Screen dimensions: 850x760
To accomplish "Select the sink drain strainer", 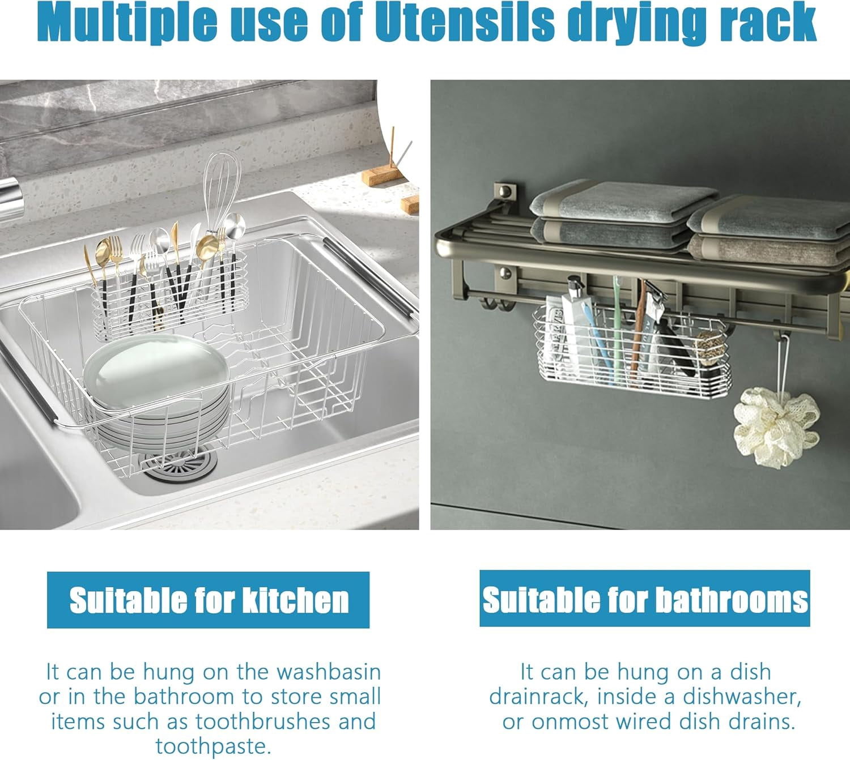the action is pyautogui.click(x=181, y=463).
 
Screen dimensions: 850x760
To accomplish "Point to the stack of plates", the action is pyautogui.click(x=158, y=390).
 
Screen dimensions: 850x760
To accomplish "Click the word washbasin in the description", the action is pyautogui.click(x=329, y=672).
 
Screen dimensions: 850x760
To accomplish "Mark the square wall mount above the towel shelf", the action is pyautogui.click(x=505, y=192).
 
